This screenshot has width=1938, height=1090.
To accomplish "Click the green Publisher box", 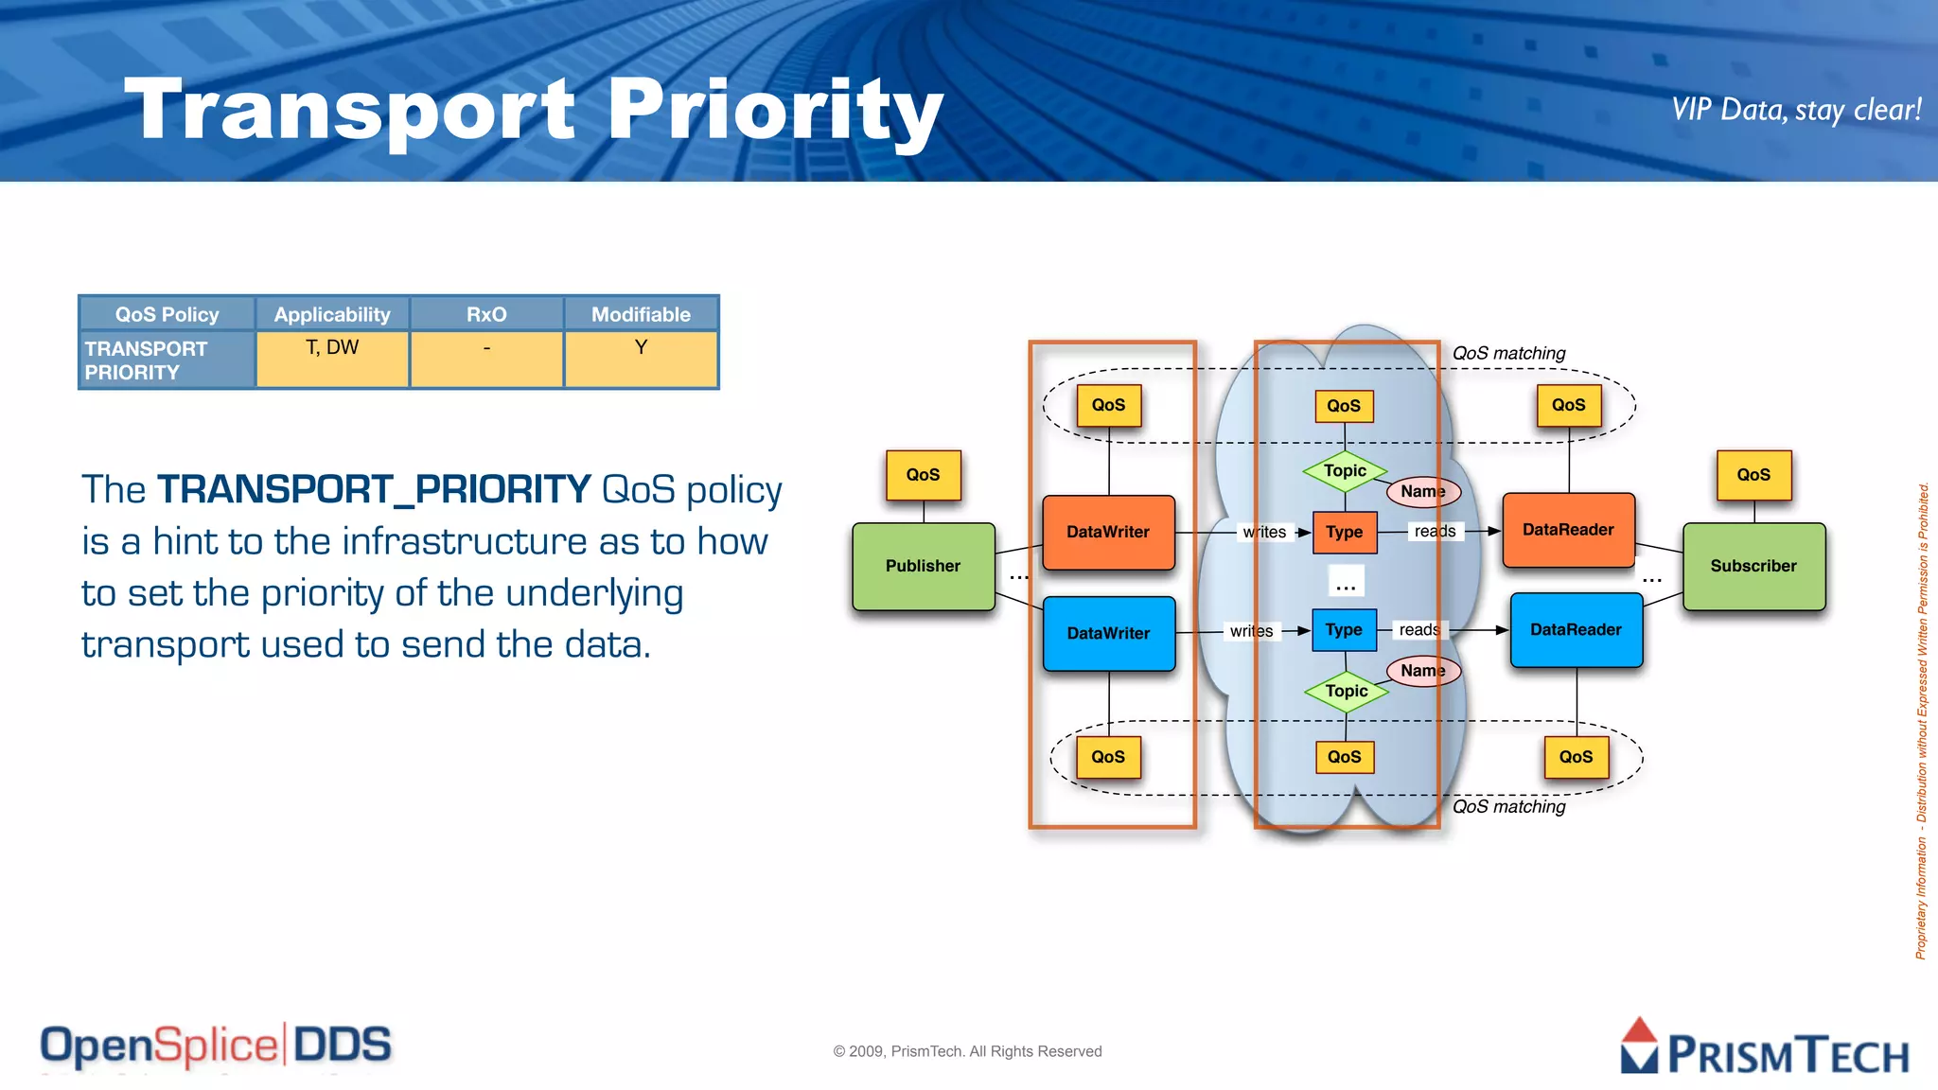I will click(x=923, y=566).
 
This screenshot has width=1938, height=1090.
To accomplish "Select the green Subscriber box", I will click(x=1753, y=566).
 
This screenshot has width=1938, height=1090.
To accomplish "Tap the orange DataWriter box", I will click(x=1108, y=532).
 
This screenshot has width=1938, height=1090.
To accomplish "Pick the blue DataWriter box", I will click(x=1108, y=633).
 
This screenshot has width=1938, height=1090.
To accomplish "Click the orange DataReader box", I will click(x=1568, y=530).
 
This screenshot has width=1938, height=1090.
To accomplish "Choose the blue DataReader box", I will click(x=1576, y=630).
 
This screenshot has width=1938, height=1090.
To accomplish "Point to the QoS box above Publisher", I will click(x=923, y=475).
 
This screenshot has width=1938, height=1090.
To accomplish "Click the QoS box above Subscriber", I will click(x=1753, y=475).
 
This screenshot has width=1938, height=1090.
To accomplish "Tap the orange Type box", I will click(x=1344, y=532).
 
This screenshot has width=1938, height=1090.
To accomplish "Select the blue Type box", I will click(x=1344, y=630).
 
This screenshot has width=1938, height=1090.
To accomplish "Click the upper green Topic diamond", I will click(x=1345, y=471).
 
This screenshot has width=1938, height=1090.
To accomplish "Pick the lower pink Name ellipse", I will click(x=1422, y=671).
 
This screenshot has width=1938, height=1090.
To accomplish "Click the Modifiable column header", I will click(x=641, y=314).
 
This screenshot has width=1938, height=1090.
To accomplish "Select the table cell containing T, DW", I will click(x=332, y=359).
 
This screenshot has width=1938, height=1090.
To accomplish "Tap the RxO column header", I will click(x=486, y=314).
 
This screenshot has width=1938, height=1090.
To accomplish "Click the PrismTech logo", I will click(x=1765, y=1048).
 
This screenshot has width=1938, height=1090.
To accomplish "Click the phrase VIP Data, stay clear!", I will click(x=1795, y=110).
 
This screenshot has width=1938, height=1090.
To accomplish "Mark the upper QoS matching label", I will click(x=1508, y=353).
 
